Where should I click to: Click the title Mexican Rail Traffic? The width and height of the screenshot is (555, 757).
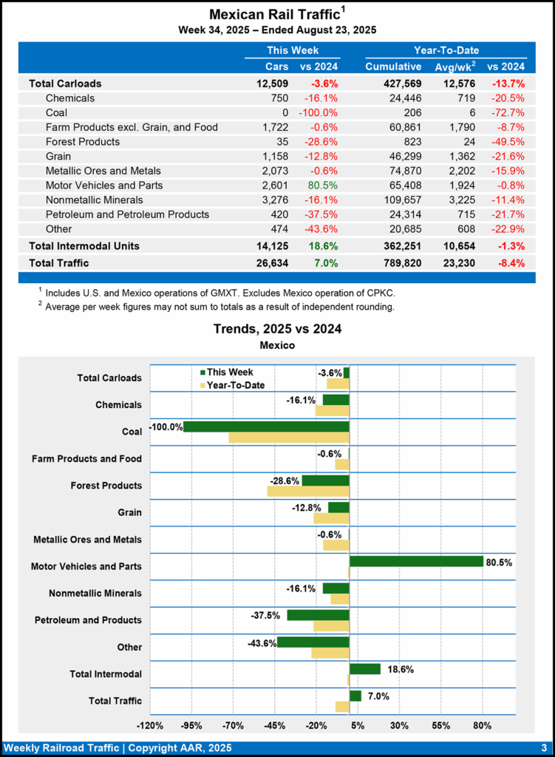(273, 14)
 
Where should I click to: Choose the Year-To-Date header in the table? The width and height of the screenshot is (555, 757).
(446, 50)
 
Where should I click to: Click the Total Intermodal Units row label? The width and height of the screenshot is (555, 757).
(84, 245)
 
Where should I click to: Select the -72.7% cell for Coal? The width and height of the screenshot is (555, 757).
(506, 112)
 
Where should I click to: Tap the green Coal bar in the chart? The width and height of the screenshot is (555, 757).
(265, 427)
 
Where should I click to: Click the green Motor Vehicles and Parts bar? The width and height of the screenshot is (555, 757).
(416, 561)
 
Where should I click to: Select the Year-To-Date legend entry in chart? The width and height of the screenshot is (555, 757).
(235, 385)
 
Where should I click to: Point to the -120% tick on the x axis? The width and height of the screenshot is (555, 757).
(151, 725)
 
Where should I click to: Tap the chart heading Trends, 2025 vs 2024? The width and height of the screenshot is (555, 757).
(277, 329)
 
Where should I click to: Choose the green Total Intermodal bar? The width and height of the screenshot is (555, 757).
(364, 668)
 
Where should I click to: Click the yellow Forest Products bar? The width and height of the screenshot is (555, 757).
(307, 491)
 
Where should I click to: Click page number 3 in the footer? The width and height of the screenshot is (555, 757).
(543, 747)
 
